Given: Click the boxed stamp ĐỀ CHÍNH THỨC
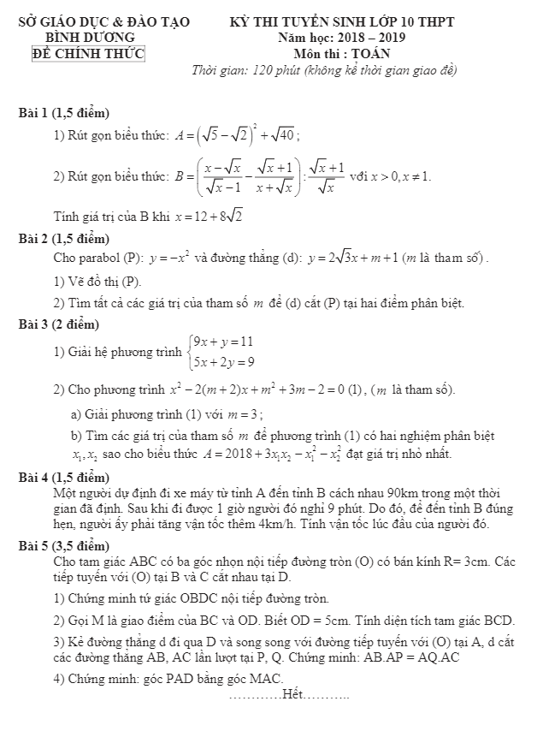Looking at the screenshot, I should [x=90, y=53].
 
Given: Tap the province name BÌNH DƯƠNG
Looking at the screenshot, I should [x=90, y=38].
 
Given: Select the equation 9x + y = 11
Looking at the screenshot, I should [x=223, y=341].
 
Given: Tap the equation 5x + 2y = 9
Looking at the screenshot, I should [x=223, y=361].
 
